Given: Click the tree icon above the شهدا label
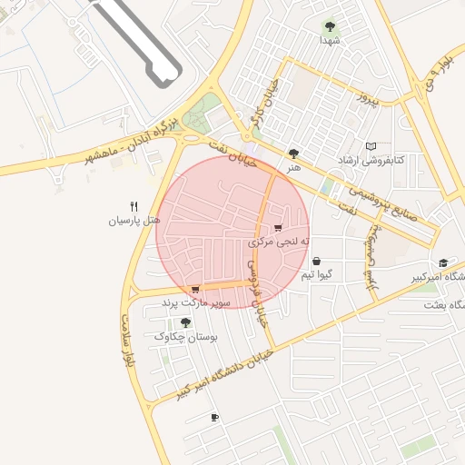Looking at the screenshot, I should (x=329, y=26).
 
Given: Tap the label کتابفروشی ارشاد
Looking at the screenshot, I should (x=371, y=160).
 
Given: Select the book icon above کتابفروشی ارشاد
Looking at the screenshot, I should (x=370, y=146).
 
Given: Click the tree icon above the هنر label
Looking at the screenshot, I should (x=292, y=154).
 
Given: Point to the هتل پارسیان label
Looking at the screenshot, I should (x=134, y=220).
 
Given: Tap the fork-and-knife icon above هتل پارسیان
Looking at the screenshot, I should (x=134, y=206).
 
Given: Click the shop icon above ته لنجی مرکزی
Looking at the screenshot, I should (x=278, y=228).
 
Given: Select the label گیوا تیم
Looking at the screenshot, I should (x=322, y=273).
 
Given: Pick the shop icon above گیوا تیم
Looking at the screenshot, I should (x=316, y=261).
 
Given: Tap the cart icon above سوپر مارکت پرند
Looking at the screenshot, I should (x=195, y=290).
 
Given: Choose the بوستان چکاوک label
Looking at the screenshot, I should (x=186, y=336).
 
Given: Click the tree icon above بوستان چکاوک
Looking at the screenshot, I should (x=186, y=322).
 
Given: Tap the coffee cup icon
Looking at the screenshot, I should (x=214, y=418).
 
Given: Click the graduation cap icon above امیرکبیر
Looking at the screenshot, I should (x=442, y=262).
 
